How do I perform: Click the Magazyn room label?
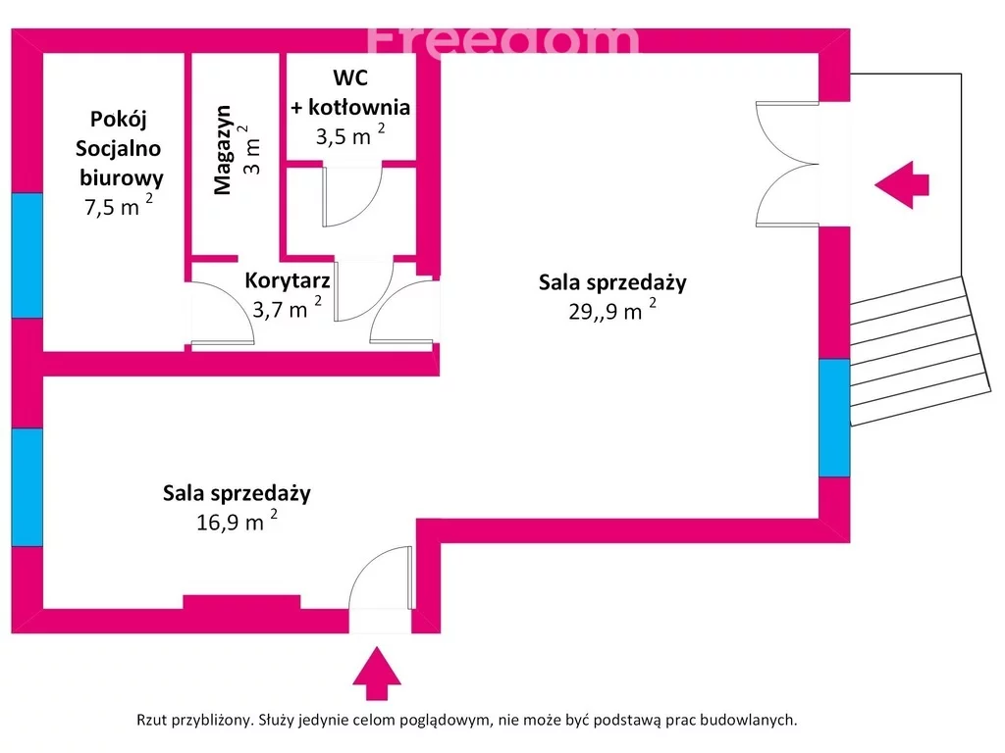click(224, 149)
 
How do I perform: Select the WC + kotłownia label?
click(350, 92)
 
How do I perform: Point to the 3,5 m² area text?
click(349, 135)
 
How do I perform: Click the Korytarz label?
click(287, 280)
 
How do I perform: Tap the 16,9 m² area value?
click(237, 520)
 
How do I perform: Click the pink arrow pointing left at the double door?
click(901, 183)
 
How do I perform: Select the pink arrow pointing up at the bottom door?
click(376, 673)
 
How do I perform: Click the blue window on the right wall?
click(834, 418)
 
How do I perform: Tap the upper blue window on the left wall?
click(27, 255)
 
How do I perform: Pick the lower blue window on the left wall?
click(27, 487)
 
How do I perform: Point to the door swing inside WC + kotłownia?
click(351, 195)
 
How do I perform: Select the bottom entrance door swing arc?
click(379, 578)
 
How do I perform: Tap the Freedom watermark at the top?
click(502, 37)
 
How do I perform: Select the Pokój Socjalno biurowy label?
click(118, 148)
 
